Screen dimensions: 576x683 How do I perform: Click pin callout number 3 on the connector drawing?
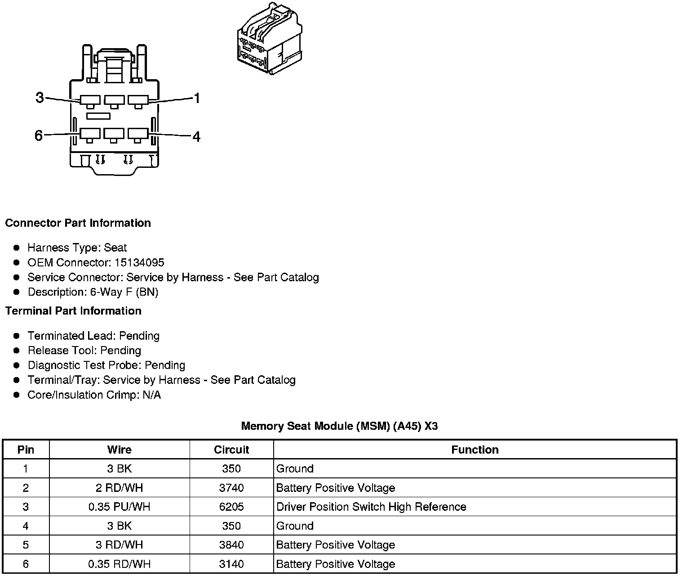tap(40, 97)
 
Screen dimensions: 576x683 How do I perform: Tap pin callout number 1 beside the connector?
tap(196, 98)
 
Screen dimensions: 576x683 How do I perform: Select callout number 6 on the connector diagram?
tap(39, 135)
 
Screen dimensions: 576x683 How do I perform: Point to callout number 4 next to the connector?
tap(196, 136)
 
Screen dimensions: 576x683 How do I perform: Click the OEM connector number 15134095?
tap(139, 262)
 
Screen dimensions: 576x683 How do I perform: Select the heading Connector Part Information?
tap(78, 223)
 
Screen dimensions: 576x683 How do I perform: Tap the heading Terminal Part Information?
tap(73, 311)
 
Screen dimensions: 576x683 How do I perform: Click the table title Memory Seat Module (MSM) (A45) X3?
tap(339, 426)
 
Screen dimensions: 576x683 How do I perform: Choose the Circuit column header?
tap(231, 450)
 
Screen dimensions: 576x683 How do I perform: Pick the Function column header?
tap(475, 450)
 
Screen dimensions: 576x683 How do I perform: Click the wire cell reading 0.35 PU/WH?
tap(119, 507)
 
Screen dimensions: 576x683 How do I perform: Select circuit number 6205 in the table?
tap(231, 507)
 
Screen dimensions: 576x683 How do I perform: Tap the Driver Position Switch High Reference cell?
tap(371, 507)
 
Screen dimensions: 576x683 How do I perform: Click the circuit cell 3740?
tap(231, 488)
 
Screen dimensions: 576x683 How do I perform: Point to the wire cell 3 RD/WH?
tap(119, 545)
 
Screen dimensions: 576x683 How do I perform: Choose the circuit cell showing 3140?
tap(231, 564)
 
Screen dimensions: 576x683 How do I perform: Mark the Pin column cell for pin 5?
tap(26, 545)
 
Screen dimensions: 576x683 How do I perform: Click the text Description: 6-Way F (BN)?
tap(93, 292)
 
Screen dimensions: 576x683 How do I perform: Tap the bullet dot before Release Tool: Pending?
tap(17, 351)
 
